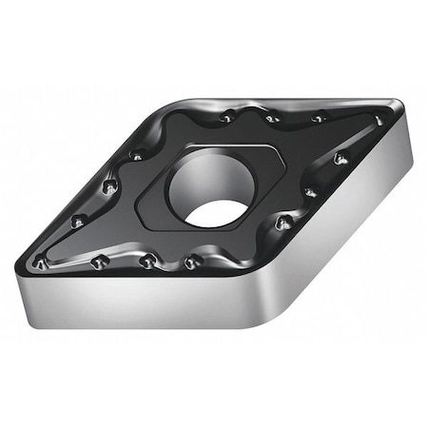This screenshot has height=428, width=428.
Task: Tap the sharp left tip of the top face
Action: point(32,260)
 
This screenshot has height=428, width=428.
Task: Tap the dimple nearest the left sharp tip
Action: point(42,258)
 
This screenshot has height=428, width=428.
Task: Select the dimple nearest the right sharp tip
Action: point(377,121)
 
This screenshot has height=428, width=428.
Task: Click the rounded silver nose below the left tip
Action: point(32,285)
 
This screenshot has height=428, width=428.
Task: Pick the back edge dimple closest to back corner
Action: point(226,117)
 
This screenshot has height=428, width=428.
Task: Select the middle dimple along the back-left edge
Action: point(109,186)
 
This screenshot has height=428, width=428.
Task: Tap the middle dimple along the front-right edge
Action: point(310,192)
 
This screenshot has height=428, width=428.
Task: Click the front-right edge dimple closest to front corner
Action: point(282,223)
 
